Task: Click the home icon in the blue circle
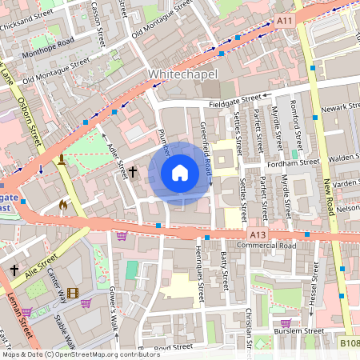pos(179,172)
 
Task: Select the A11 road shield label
pos(284,18)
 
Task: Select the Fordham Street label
pos(297,163)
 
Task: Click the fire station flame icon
pos(63,205)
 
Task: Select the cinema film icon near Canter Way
pos(73,294)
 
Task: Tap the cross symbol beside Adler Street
pos(134,171)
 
